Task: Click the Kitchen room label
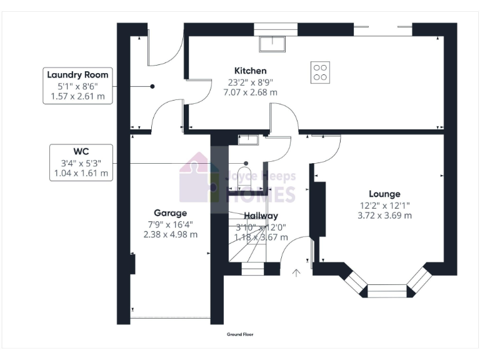(250, 71)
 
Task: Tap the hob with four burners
(321, 72)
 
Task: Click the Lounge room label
(384, 194)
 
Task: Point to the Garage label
(170, 213)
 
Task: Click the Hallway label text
(261, 216)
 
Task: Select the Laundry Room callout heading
(73, 75)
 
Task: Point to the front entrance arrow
(296, 272)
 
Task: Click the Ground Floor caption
(239, 335)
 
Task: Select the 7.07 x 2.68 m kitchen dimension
(250, 92)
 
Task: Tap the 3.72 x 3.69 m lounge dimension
(384, 215)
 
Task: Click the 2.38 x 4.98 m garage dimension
(170, 234)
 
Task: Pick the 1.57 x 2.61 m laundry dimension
(73, 96)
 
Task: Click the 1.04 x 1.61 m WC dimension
(81, 173)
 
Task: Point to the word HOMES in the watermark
(260, 194)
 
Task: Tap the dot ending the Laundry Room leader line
(152, 86)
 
